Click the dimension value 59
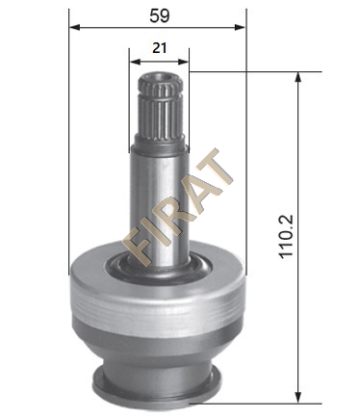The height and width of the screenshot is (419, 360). pyautogui.click(x=160, y=15)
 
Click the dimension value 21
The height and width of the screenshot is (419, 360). pyautogui.click(x=160, y=48)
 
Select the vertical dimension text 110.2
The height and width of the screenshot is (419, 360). pyautogui.click(x=286, y=236)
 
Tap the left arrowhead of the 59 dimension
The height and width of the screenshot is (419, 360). pyautogui.click(x=74, y=27)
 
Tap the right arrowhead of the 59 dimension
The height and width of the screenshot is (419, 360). pyautogui.click(x=240, y=27)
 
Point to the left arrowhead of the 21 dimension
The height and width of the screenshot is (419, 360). pyautogui.click(x=134, y=62)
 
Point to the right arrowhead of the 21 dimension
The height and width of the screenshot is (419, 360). pyautogui.click(x=183, y=62)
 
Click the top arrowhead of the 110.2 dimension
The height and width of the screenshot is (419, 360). pyautogui.click(x=298, y=77)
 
